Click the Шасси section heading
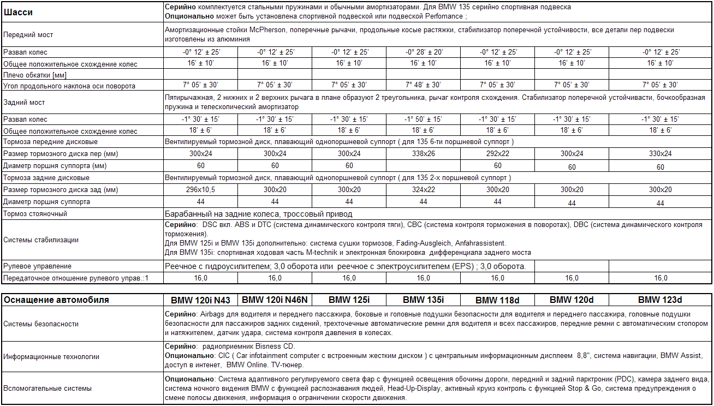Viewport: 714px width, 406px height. tap(17, 11)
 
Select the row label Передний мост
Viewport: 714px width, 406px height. tap(28, 35)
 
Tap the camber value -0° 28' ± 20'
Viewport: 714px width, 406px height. tap(424, 52)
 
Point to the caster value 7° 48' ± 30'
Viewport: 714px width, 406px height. tap(424, 85)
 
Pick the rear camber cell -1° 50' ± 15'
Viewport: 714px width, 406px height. tap(424, 119)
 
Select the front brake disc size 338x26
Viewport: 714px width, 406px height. tap(424, 154)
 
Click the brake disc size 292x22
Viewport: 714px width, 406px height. tap(497, 154)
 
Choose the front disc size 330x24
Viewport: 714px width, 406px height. tap(660, 154)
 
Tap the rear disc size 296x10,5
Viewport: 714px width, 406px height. tap(201, 190)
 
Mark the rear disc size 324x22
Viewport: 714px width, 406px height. tap(424, 190)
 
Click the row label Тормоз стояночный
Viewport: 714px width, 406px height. tap(35, 214)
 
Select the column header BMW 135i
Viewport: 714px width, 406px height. tap(424, 300)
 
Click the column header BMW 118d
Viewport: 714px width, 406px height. tap(497, 300)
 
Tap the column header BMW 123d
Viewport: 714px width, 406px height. tap(660, 300)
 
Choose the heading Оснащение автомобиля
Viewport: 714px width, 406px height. tap(56, 300)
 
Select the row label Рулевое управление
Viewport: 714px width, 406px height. tap(37, 266)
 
